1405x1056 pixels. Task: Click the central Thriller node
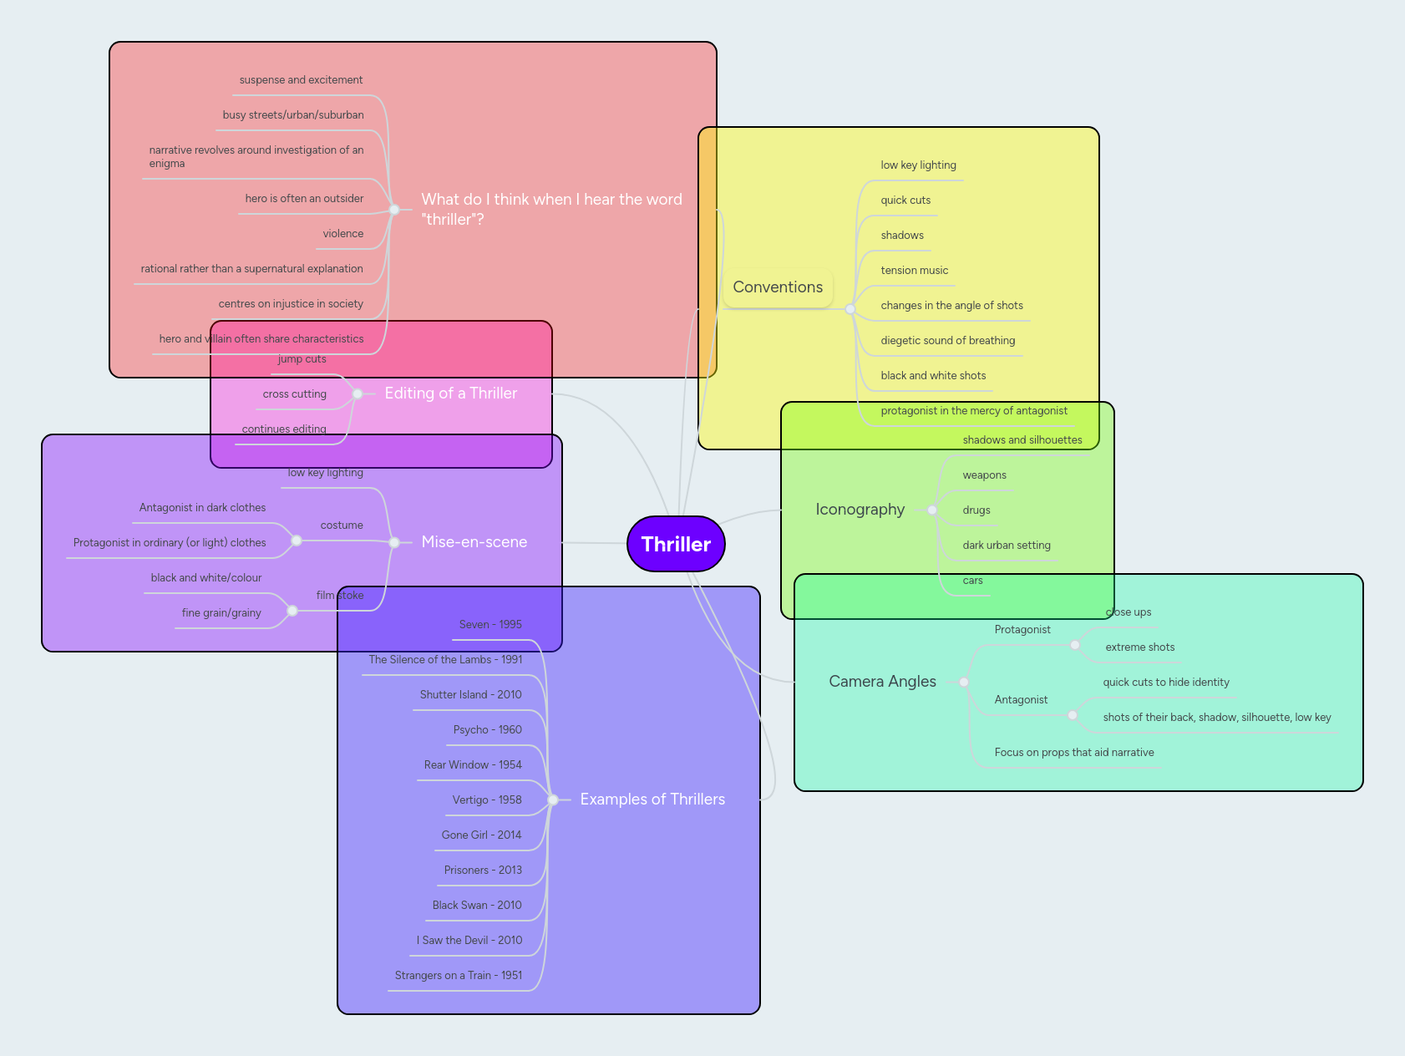pyautogui.click(x=676, y=544)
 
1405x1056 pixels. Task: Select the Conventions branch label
pyautogui.click(x=778, y=287)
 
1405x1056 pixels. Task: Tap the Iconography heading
pyautogui.click(x=860, y=510)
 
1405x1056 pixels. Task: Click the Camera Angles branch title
pyautogui.click(x=882, y=682)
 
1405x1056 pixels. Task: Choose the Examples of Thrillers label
pyautogui.click(x=652, y=800)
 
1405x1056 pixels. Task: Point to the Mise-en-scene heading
pyautogui.click(x=474, y=542)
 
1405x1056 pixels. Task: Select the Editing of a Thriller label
pyautogui.click(x=450, y=393)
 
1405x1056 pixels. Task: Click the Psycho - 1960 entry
pyautogui.click(x=487, y=730)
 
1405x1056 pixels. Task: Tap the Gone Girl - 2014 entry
pyautogui.click(x=481, y=835)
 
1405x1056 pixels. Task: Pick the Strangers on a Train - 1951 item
pyautogui.click(x=458, y=976)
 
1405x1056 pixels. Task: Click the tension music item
pyautogui.click(x=914, y=271)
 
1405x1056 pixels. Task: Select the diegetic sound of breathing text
pyautogui.click(x=947, y=341)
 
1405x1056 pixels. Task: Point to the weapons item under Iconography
pyautogui.click(x=984, y=475)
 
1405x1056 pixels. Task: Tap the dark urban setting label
pyautogui.click(x=1006, y=546)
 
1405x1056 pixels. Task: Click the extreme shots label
pyautogui.click(x=1139, y=647)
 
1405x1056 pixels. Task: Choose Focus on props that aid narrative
pyautogui.click(x=1073, y=753)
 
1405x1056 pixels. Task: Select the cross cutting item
pyautogui.click(x=294, y=394)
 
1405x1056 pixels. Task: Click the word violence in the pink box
pyautogui.click(x=342, y=234)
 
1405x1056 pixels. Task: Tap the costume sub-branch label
pyautogui.click(x=342, y=525)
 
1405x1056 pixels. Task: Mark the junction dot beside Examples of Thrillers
pyautogui.click(x=553, y=800)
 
